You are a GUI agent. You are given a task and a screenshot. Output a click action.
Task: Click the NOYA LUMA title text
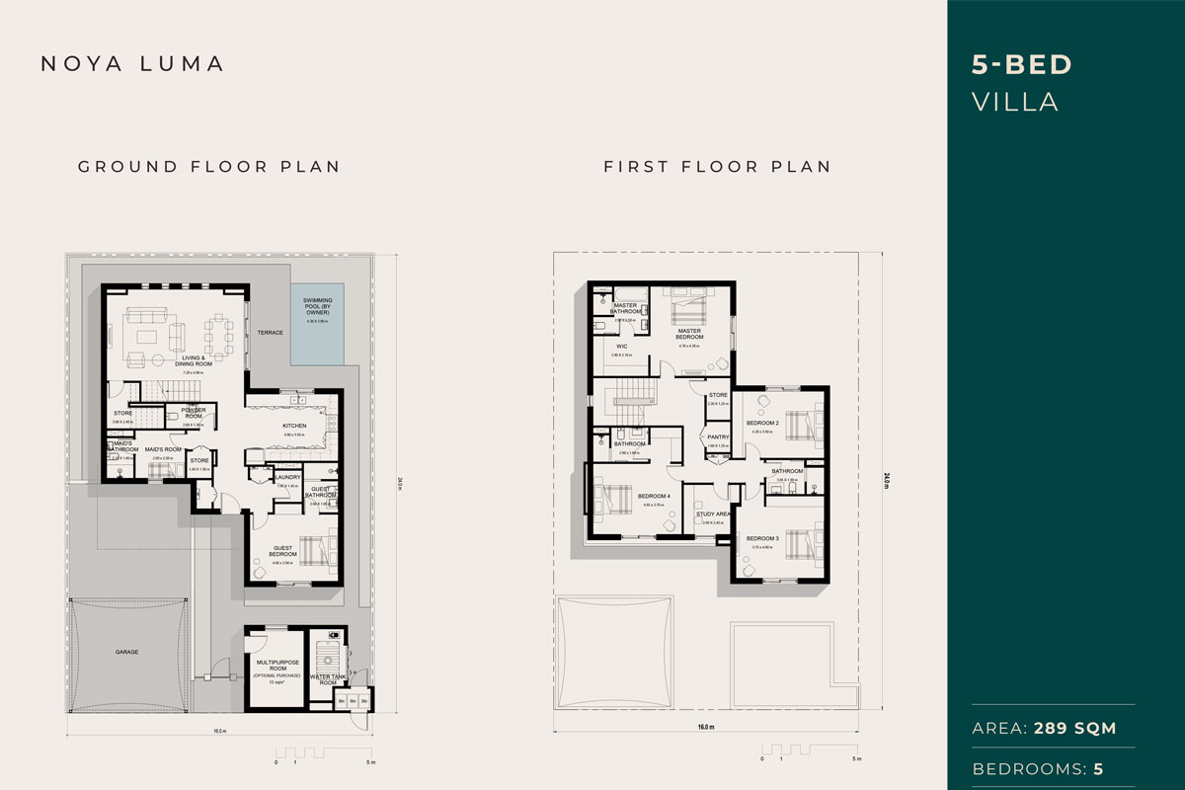coord(132,64)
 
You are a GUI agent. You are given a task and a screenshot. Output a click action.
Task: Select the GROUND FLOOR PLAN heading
coord(209,166)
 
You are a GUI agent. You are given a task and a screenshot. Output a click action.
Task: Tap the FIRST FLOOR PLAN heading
coord(717,166)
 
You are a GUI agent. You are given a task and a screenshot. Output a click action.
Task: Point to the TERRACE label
coord(272,333)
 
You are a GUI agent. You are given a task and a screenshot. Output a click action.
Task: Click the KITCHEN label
coord(294,426)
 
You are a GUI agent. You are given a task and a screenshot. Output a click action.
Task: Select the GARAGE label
coord(125,653)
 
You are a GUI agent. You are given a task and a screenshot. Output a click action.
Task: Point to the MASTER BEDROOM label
coord(688,334)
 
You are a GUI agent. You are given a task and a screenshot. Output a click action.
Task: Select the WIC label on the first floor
coord(623,347)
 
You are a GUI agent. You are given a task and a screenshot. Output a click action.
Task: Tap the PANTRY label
coord(718,436)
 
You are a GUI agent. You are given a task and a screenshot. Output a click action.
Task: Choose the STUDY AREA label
coord(712,514)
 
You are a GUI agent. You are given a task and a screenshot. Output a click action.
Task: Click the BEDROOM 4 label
coord(654,496)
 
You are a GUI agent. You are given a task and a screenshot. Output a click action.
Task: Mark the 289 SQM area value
coord(1075,729)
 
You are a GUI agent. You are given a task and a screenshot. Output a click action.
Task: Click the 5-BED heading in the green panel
coord(1022,66)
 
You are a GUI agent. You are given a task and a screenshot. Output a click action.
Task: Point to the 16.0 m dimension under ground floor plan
coord(219,732)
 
